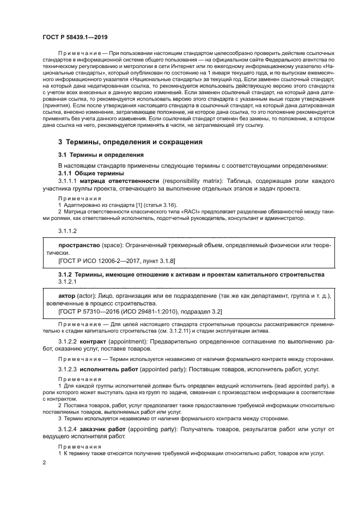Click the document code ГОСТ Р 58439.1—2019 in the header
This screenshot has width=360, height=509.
tap(75, 38)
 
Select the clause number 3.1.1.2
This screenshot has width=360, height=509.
tap(67, 231)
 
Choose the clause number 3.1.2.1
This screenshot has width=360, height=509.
tap(67, 282)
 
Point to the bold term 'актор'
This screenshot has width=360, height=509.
tap(68, 296)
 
